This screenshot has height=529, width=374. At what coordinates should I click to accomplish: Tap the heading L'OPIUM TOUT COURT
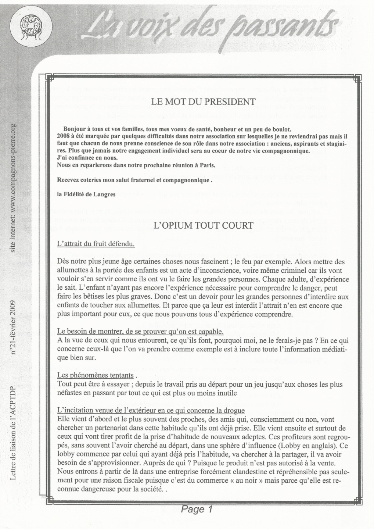(203, 225)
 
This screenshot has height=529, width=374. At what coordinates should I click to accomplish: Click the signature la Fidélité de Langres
(86, 195)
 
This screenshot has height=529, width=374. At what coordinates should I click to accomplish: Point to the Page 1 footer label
(197, 509)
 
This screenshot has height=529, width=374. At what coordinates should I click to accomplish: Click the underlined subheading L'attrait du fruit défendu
(96, 244)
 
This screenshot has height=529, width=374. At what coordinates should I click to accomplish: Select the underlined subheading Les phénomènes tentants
(96, 375)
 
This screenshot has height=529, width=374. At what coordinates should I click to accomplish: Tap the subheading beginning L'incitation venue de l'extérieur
(151, 410)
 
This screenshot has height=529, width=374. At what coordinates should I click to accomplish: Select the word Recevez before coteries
(68, 180)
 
